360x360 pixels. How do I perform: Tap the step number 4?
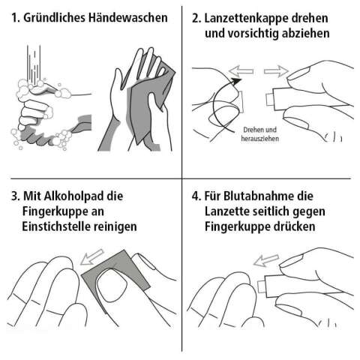tap(196, 196)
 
